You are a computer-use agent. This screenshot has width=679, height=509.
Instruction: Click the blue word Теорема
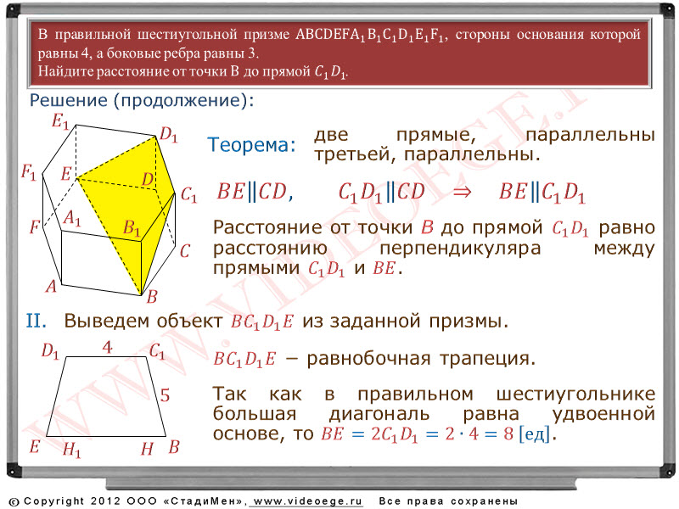(x=251, y=144)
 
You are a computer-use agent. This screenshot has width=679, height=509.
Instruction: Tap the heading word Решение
(x=69, y=100)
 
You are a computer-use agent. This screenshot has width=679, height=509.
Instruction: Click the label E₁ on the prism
(x=60, y=120)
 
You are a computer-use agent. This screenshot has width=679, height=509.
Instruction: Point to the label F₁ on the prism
(x=29, y=173)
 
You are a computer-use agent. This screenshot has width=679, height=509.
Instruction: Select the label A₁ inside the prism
(x=72, y=218)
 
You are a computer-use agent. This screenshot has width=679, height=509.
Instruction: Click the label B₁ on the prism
(x=132, y=227)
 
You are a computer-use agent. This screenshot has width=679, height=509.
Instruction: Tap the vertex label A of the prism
(x=51, y=286)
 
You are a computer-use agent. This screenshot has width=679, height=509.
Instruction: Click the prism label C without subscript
(x=185, y=251)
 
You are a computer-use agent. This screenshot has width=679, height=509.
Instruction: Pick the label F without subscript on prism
(x=35, y=227)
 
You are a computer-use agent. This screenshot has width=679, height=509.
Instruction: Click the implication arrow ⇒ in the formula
(x=462, y=192)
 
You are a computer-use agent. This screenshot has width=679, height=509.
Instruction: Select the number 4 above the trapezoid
(x=108, y=347)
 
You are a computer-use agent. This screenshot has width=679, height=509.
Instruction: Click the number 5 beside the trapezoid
(x=165, y=395)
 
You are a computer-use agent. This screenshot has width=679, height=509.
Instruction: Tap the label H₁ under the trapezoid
(x=71, y=450)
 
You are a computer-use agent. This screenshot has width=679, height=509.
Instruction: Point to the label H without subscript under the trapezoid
(x=147, y=449)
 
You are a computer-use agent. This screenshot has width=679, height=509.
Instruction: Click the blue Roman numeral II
(x=36, y=322)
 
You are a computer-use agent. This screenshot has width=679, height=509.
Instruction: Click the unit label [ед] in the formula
(x=535, y=433)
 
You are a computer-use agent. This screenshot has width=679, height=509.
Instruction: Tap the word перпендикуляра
(x=460, y=249)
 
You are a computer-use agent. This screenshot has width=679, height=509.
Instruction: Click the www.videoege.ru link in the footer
(x=307, y=501)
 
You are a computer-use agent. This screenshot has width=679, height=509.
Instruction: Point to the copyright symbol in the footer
(x=14, y=501)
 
